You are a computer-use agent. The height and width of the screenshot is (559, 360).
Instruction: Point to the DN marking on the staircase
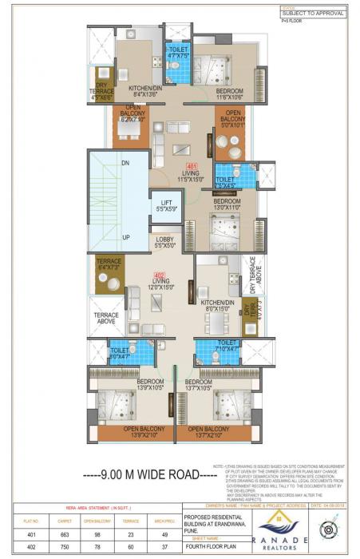[x=124, y=162]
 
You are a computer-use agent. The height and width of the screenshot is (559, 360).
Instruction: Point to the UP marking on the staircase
[x=124, y=238]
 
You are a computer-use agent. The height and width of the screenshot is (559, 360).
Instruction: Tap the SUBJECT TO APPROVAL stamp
[x=314, y=14]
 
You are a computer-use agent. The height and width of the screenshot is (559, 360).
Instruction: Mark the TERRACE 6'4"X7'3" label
[x=109, y=264]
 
